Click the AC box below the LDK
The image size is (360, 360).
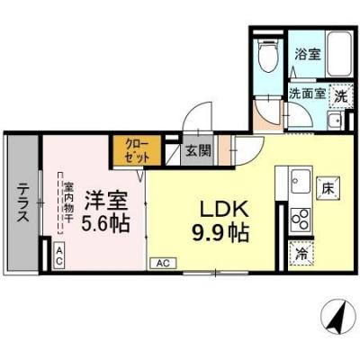click(163, 263)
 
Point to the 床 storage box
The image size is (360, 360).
click(330, 190)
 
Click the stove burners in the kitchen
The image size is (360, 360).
click(301, 219)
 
